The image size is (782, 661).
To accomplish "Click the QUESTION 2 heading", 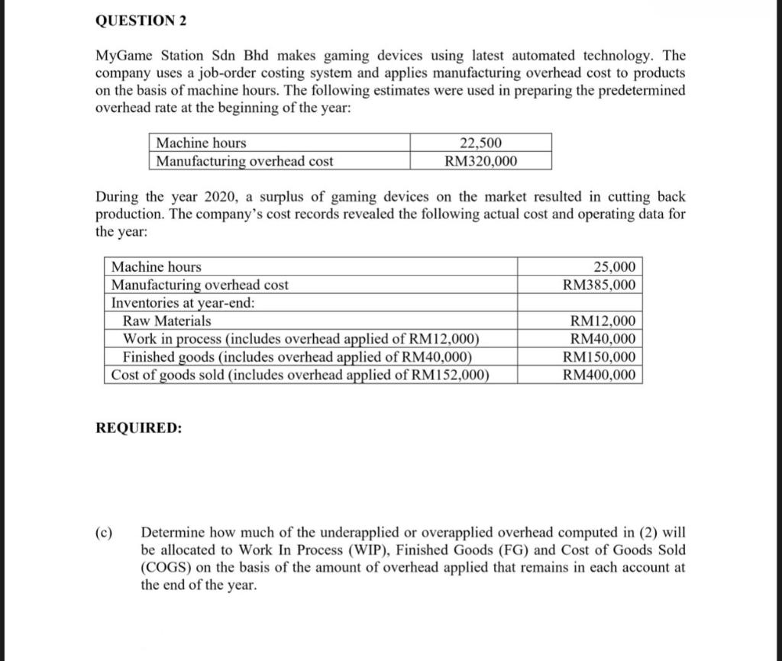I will (141, 21).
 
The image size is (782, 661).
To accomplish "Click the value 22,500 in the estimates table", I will (481, 143).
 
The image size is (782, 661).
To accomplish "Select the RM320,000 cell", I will (480, 161).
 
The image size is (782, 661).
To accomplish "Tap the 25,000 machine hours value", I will (613, 266).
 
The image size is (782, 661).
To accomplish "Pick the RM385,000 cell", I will (598, 285).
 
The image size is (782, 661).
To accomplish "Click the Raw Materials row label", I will (167, 321).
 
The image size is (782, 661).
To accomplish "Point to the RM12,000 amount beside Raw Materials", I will (602, 321).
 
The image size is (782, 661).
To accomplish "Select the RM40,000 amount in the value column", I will (602, 339).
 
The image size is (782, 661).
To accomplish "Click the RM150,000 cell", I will (598, 357).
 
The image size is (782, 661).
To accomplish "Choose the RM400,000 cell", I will (598, 375).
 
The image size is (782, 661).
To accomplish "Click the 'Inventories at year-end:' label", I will (183, 302).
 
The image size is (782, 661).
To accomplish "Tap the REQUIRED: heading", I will (139, 428).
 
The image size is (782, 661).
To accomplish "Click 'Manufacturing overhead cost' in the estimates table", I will (244, 161).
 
